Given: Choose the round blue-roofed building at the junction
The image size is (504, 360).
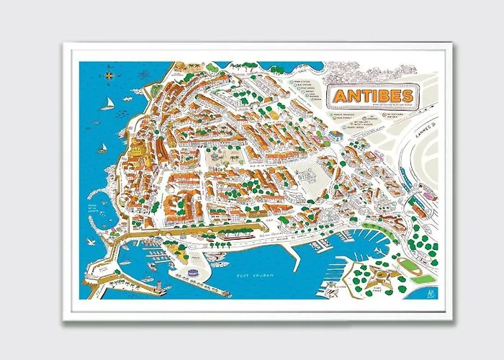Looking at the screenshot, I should (336, 135).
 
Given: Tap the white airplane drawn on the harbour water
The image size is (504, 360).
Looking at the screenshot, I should (330, 287).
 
